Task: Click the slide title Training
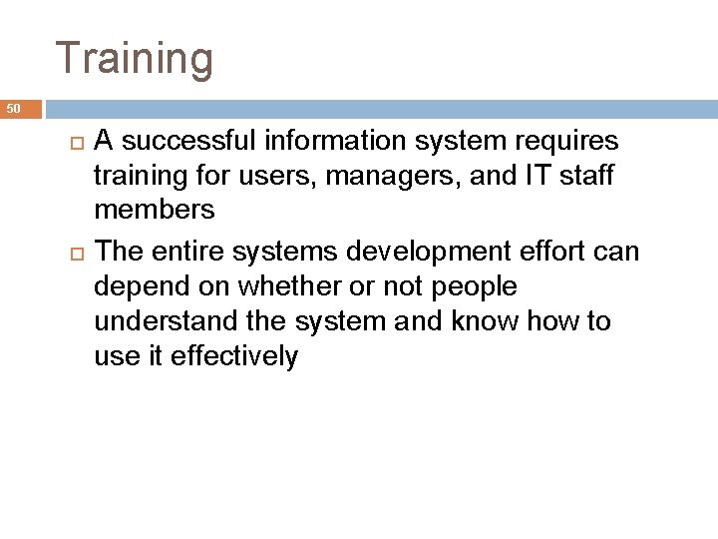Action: (x=135, y=58)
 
